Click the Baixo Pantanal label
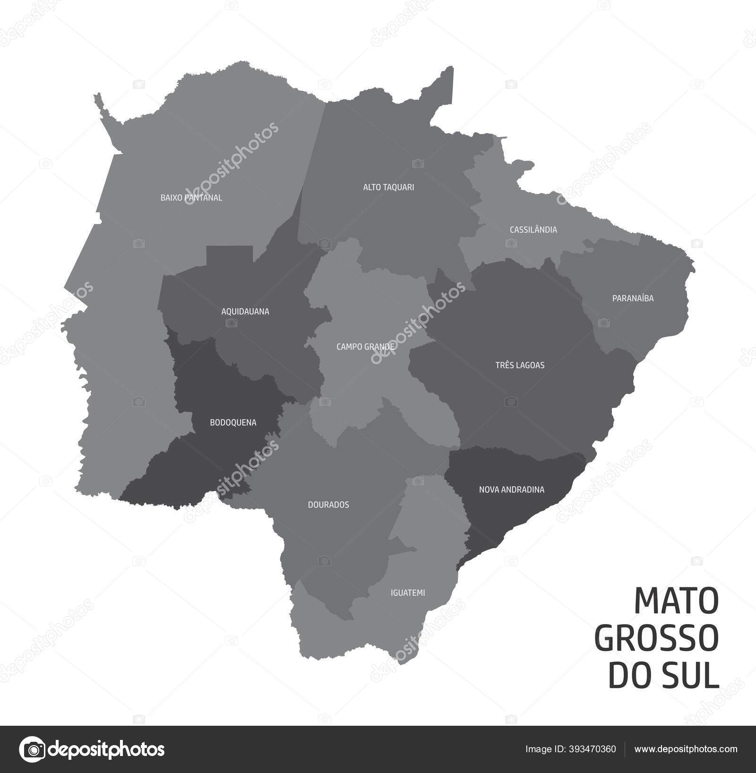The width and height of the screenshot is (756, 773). click(x=191, y=198)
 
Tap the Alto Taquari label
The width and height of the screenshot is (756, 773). click(x=388, y=187)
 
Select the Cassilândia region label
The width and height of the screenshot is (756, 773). click(x=533, y=230)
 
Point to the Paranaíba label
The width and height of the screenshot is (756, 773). click(x=633, y=298)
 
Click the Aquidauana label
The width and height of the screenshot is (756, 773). click(x=245, y=311)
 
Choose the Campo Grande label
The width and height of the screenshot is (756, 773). click(x=365, y=347)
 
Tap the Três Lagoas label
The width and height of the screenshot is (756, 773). click(x=520, y=365)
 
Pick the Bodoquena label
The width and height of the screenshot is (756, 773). click(x=233, y=422)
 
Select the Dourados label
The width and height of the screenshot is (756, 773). click(x=328, y=505)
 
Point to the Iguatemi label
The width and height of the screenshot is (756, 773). click(x=408, y=593)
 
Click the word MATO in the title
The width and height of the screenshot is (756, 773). click(x=676, y=601)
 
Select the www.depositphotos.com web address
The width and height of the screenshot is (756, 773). click(x=686, y=749)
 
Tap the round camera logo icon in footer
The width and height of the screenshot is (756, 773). click(x=32, y=749)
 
